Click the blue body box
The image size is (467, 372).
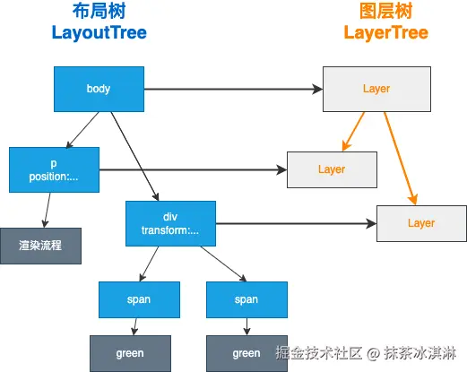99,89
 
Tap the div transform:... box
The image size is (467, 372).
170,223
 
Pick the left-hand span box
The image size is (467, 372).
139,299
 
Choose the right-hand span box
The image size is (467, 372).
246,299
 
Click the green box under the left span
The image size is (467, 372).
130,353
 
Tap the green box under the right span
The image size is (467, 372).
246,353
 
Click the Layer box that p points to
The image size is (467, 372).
332,169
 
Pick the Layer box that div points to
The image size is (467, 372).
420,223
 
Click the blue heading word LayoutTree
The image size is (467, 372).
99,33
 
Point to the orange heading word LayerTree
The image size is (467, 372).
385,33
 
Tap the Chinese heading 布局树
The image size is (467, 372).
99,13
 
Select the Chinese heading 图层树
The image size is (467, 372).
385,13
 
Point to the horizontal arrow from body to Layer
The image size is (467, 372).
233,89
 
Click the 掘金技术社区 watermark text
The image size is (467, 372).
314,352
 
